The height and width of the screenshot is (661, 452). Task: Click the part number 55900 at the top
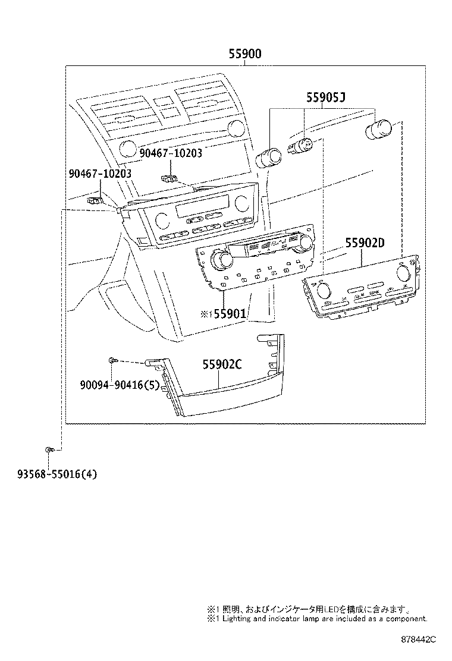(245, 54)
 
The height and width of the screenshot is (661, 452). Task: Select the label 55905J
(326, 97)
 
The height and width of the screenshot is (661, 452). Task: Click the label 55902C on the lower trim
(221, 365)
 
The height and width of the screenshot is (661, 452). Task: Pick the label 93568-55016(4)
(56, 474)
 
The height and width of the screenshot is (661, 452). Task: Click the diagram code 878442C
(419, 639)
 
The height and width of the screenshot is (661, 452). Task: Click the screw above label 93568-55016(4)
(51, 449)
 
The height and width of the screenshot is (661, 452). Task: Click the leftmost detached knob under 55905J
(268, 157)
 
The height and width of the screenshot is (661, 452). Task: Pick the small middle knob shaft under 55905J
(301, 146)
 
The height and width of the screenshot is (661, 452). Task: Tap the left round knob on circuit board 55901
(223, 259)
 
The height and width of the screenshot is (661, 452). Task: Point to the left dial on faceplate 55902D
(325, 291)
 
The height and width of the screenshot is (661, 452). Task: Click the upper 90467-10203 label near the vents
(171, 153)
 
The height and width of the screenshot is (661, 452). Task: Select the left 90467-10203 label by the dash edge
(100, 174)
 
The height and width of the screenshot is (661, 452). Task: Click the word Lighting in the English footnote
(238, 618)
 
